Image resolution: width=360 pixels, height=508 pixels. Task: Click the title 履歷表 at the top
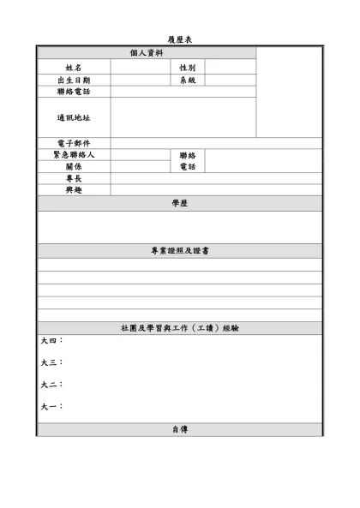point(180,40)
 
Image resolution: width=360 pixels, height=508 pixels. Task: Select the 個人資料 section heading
point(147,53)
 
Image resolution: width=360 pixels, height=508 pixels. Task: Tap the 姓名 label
point(74,67)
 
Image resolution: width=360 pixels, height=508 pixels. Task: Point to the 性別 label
point(188,67)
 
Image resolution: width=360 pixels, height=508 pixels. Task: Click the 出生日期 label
point(74,80)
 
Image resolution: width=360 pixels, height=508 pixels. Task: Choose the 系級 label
point(188,80)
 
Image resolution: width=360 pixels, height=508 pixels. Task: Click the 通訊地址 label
point(74,117)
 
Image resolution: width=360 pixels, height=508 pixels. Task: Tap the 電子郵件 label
point(74,143)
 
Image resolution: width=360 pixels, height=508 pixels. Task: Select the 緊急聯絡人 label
point(74,155)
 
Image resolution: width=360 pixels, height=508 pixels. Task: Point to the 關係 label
point(74,167)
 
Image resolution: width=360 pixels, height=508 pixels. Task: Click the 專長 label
point(74,178)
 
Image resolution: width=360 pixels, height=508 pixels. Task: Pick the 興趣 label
point(74,190)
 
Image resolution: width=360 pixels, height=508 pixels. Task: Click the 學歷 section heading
point(180,203)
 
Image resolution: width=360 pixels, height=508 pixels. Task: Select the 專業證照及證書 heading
point(180,251)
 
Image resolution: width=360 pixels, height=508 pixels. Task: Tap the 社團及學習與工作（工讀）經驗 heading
point(180,328)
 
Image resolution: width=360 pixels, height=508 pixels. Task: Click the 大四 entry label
point(51,341)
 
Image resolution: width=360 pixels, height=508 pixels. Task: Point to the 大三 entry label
point(51,362)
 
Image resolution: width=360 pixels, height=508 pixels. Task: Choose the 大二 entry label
point(51,385)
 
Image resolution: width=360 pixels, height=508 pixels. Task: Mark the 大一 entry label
point(51,406)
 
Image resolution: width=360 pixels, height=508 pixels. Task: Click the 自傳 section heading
point(180,429)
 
